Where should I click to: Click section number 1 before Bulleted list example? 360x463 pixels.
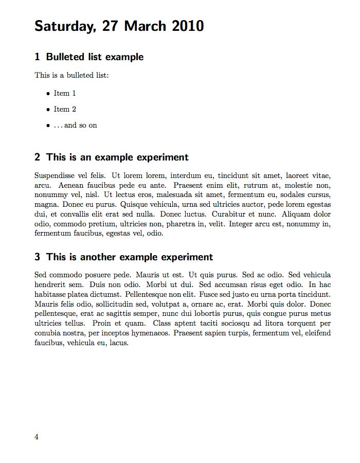[37, 57]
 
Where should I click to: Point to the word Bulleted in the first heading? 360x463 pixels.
[65, 57]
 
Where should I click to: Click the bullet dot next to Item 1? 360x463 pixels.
[48, 94]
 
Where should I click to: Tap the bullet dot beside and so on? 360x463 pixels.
[48, 126]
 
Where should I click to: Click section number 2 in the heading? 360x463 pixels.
[37, 157]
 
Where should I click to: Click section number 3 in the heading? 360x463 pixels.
[37, 257]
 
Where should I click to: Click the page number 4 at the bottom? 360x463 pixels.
[37, 437]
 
